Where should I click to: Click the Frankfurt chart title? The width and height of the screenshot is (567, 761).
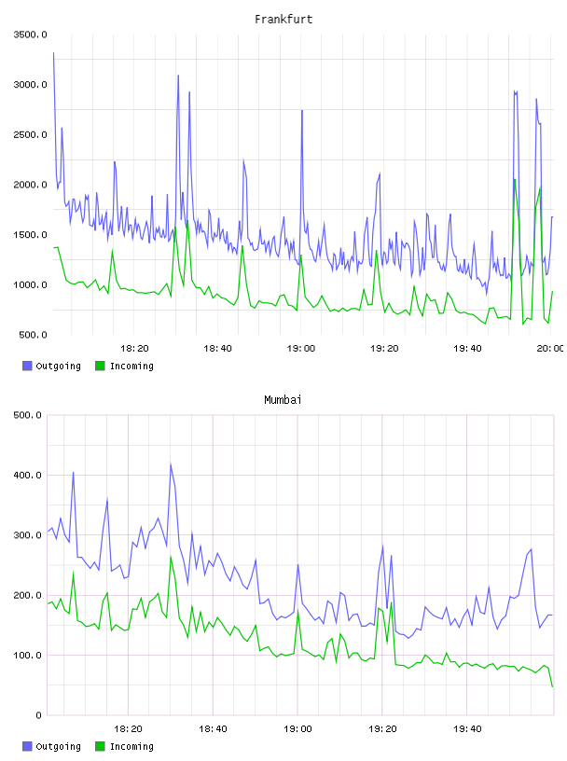(283, 19)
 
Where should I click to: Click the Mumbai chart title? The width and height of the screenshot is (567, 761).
(283, 399)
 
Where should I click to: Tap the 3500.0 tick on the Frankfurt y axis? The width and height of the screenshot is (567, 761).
(30, 35)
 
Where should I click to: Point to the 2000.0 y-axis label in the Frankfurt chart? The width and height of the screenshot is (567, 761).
(30, 185)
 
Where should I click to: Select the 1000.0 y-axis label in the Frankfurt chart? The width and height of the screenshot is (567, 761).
(30, 284)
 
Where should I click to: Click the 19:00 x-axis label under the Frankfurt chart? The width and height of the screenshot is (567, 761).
(301, 348)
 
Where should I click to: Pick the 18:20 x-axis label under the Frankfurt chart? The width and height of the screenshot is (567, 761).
(134, 348)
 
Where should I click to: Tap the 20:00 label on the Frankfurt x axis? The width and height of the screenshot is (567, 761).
(550, 348)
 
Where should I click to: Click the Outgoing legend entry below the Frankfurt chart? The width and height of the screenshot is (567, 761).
(51, 366)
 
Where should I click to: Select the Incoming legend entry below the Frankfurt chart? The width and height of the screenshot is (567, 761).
(124, 366)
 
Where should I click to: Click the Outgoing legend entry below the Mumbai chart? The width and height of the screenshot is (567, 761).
(51, 746)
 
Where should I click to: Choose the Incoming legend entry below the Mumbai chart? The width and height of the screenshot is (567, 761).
(124, 746)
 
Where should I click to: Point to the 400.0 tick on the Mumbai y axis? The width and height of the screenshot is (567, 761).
(28, 475)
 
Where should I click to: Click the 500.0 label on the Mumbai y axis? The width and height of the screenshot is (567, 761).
(28, 415)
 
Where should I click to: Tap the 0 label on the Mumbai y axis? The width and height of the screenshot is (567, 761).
(38, 715)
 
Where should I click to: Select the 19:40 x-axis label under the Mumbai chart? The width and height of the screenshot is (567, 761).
(467, 728)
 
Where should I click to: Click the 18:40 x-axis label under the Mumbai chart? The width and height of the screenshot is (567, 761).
(213, 728)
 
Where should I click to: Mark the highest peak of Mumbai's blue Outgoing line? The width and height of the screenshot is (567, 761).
(171, 464)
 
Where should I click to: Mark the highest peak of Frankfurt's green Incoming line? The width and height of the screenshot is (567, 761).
(515, 180)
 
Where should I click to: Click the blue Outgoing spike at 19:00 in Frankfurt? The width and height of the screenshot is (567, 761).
(302, 111)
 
